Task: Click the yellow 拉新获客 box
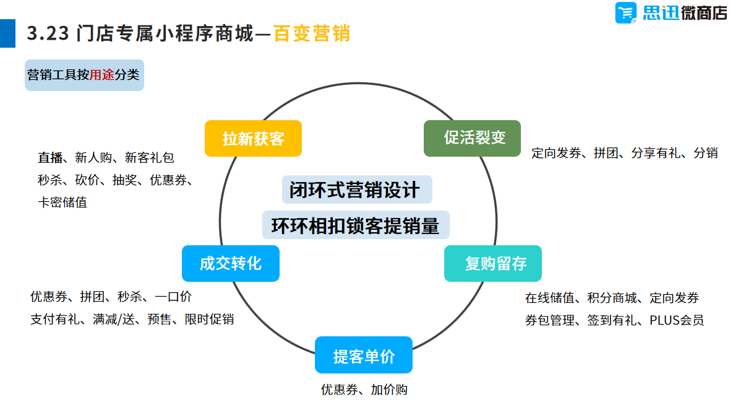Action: click(253, 138)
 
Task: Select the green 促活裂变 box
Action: click(472, 138)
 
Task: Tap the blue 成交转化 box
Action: click(231, 263)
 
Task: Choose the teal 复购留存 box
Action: click(493, 264)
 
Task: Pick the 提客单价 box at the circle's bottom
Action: click(364, 355)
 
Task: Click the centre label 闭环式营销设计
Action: click(357, 190)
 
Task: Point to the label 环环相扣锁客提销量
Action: click(356, 225)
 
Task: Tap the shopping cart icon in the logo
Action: click(626, 12)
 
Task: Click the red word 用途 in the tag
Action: click(102, 76)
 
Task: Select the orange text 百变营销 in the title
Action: click(312, 33)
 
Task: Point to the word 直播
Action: click(49, 158)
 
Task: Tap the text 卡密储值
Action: click(62, 203)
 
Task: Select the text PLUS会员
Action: click(676, 320)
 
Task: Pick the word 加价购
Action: click(389, 390)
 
